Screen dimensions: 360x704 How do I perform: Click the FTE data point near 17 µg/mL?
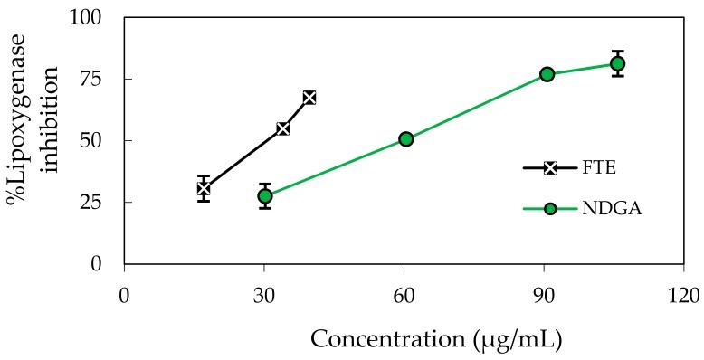coord(204,188)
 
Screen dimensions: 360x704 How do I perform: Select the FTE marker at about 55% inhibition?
coord(282,128)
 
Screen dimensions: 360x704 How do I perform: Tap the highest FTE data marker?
coord(309,97)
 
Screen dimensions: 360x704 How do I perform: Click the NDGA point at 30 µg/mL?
coord(264,195)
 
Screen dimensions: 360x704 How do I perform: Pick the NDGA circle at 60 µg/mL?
coord(405,138)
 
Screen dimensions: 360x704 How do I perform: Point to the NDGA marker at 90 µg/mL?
coord(547,74)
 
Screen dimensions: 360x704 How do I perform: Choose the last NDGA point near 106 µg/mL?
coord(617,63)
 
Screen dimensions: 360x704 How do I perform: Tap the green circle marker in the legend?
coord(550,209)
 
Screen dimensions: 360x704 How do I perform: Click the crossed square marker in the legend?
coord(550,167)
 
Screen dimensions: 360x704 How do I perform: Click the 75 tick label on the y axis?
coord(93,80)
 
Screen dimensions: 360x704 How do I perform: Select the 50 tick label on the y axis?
coord(93,141)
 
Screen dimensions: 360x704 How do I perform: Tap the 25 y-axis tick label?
coord(93,203)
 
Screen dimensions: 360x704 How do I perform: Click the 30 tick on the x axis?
coord(264,296)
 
